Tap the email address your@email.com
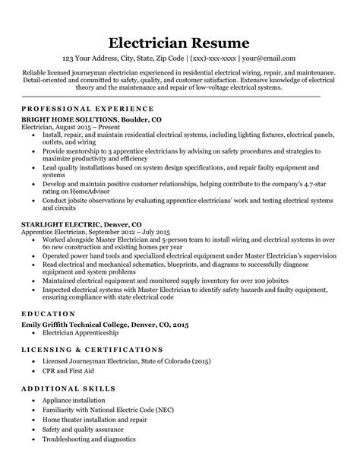[x=269, y=59]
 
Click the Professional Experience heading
[x=88, y=109]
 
